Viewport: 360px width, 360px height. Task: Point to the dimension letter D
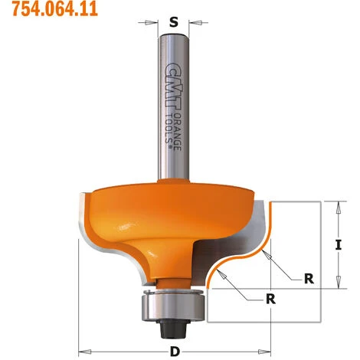pos(175,352)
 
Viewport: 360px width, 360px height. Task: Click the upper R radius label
pos(309,279)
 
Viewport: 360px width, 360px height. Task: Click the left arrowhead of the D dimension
pos(83,342)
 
